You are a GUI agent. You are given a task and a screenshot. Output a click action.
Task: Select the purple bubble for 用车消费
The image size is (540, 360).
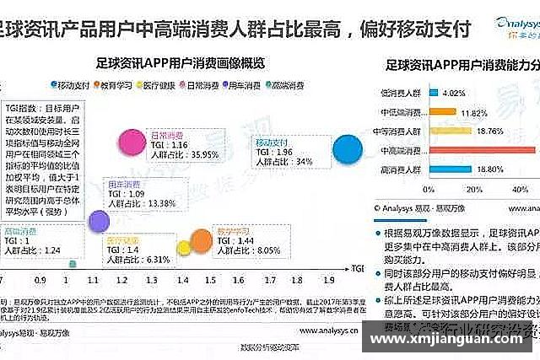[x=99, y=221]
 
